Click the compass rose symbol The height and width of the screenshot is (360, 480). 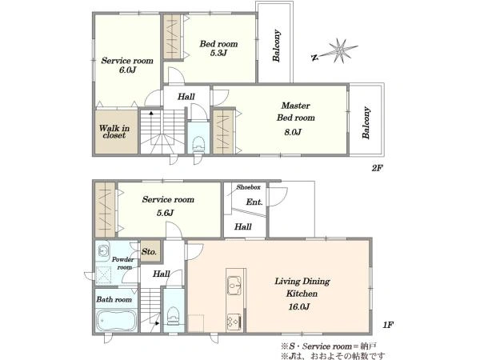(x=339, y=51)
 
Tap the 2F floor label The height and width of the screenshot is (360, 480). (x=377, y=168)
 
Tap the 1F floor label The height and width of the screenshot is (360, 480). (x=388, y=325)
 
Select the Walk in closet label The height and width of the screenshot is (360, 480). (x=114, y=132)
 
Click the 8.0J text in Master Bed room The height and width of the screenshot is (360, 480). (x=293, y=132)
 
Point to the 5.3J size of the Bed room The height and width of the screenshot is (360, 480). (x=218, y=53)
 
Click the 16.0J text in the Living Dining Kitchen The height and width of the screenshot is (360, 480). (x=298, y=306)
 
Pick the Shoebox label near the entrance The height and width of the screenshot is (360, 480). (x=248, y=187)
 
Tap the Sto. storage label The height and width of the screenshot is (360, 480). (x=149, y=252)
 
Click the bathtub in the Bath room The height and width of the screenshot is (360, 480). (x=117, y=320)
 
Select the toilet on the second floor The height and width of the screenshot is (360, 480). (x=198, y=145)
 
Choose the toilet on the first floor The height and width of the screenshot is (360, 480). (x=174, y=316)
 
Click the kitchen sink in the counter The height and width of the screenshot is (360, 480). (x=234, y=286)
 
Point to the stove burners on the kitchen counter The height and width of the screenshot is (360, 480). (x=234, y=322)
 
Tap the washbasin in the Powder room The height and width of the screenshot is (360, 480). (x=102, y=251)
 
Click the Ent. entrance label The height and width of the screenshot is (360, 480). (x=254, y=202)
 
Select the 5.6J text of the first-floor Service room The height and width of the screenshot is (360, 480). (x=165, y=213)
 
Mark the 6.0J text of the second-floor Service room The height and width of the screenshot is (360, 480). (x=127, y=70)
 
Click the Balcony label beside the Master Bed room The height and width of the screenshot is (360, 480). (x=366, y=122)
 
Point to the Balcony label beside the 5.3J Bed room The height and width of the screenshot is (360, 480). (x=277, y=46)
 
